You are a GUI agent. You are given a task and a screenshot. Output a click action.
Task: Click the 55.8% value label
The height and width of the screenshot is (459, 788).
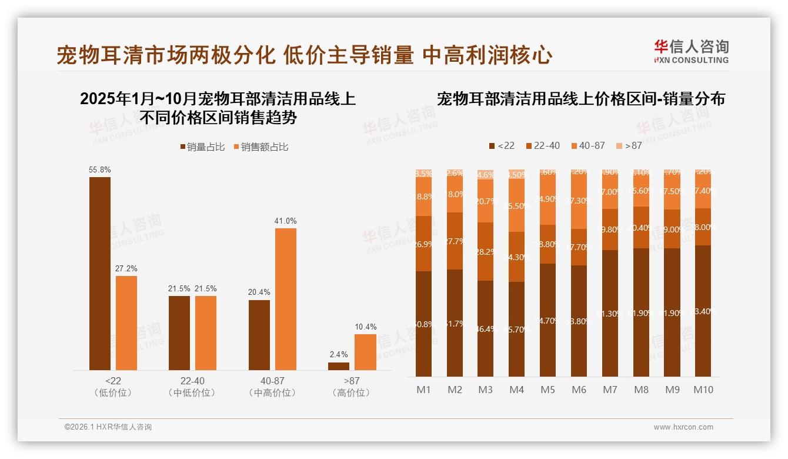pyautogui.click(x=100, y=170)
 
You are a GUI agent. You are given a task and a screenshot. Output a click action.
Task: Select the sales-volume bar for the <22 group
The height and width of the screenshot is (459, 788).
pyautogui.click(x=100, y=274)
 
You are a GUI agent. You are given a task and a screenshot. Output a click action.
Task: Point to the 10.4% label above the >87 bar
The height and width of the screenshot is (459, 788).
pyautogui.click(x=366, y=327)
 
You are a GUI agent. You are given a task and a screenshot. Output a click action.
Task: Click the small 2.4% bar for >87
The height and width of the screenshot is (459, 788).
pyautogui.click(x=339, y=366)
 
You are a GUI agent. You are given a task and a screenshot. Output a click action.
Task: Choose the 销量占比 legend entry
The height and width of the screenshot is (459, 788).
pyautogui.click(x=202, y=147)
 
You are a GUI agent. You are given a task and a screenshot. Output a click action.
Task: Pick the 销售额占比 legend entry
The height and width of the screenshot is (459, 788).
pyautogui.click(x=261, y=147)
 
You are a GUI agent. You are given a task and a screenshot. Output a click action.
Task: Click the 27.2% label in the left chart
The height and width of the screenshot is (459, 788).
pyautogui.click(x=126, y=269)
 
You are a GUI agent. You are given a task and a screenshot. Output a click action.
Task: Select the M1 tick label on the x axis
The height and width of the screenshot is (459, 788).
pyautogui.click(x=423, y=390)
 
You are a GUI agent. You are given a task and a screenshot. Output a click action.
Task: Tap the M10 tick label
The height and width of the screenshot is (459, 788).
pyautogui.click(x=703, y=390)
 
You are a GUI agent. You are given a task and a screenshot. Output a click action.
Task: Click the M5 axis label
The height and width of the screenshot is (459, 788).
pyautogui.click(x=547, y=390)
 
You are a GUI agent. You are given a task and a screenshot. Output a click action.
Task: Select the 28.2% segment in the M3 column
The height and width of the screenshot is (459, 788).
pyautogui.click(x=486, y=252)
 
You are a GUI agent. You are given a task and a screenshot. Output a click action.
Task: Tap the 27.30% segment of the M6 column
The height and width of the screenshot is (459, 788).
pyautogui.click(x=579, y=201)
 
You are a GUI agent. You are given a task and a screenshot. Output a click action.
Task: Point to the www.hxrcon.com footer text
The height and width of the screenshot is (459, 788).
pyautogui.click(x=683, y=427)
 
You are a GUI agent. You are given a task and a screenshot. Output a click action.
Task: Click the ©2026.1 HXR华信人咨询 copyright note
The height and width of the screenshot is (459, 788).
pyautogui.click(x=108, y=427)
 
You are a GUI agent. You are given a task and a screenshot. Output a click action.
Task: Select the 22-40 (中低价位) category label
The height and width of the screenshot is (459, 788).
pyautogui.click(x=193, y=387)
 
